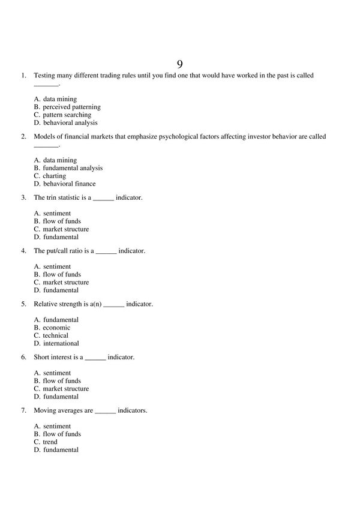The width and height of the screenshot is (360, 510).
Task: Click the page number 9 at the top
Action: (179, 64)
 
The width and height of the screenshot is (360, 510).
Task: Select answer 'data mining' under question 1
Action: (59, 99)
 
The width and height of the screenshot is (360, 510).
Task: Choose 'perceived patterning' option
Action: (71, 107)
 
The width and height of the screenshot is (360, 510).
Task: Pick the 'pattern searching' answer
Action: (67, 115)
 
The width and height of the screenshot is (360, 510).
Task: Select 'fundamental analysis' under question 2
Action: (73, 168)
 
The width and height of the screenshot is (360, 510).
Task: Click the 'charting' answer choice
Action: (54, 176)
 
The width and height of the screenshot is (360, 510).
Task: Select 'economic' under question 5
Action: (56, 328)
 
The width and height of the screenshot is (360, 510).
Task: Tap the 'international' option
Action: (61, 343)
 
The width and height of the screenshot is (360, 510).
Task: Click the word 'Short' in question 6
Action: (41, 357)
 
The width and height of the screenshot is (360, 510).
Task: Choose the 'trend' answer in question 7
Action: (50, 442)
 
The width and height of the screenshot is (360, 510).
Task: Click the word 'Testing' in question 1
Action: (44, 76)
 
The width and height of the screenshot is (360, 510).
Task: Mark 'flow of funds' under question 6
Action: (62, 380)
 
